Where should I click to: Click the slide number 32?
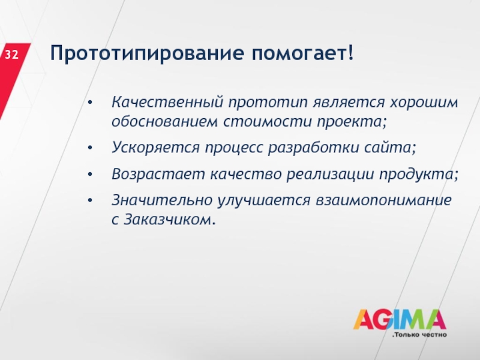(x=11, y=55)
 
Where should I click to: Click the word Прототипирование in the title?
(x=147, y=53)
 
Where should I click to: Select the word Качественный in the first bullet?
(x=167, y=102)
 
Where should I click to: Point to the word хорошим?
(x=424, y=103)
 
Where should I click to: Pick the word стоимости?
(x=268, y=122)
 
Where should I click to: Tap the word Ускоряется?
(x=155, y=148)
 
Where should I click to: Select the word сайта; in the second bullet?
(x=391, y=148)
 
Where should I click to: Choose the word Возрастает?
(x=158, y=175)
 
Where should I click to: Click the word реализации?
(x=331, y=175)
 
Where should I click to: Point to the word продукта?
(x=419, y=175)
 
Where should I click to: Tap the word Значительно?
(x=162, y=200)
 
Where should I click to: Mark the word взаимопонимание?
(x=383, y=200)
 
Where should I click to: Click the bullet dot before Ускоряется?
(x=89, y=148)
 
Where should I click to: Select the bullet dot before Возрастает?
(x=89, y=175)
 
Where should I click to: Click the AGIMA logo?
(x=400, y=319)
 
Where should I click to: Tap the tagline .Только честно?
(x=419, y=335)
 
